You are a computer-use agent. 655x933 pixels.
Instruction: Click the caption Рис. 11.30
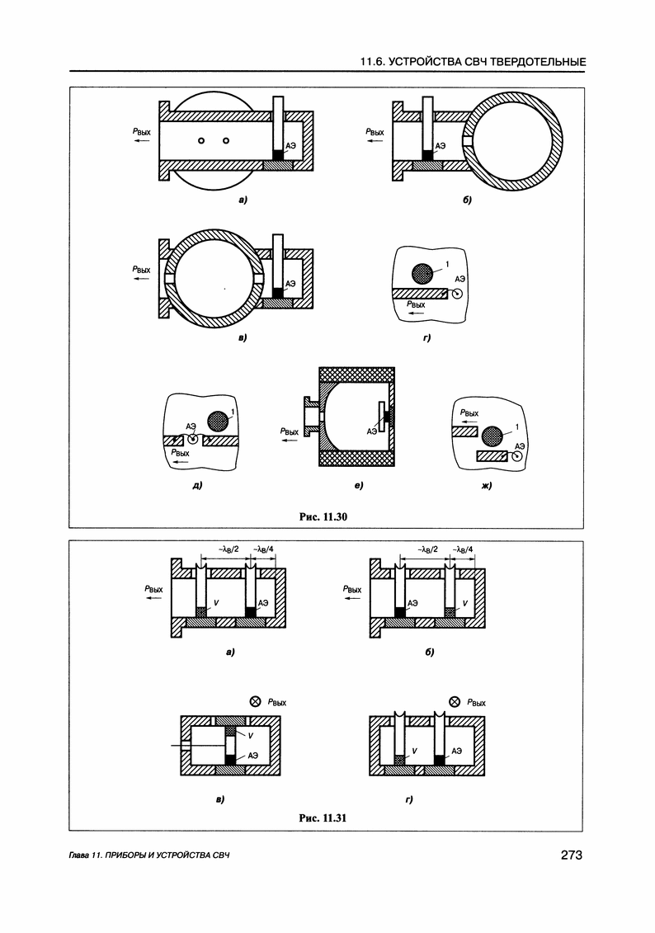[326, 516]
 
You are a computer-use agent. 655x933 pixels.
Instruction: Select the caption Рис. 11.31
[326, 818]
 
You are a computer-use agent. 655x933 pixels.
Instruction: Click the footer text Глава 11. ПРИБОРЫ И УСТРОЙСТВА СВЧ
[148, 855]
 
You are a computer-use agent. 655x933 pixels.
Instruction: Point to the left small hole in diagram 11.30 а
[201, 141]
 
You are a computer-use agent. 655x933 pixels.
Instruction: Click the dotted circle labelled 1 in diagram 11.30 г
[422, 273]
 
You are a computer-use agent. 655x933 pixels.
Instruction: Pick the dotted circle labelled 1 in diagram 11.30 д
[217, 421]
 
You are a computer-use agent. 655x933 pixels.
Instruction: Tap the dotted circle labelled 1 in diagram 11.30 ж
[493, 435]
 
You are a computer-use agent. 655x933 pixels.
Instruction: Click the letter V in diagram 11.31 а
[215, 604]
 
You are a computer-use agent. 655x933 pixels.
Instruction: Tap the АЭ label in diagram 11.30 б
[441, 145]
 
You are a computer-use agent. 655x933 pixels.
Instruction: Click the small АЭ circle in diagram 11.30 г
[456, 293]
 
